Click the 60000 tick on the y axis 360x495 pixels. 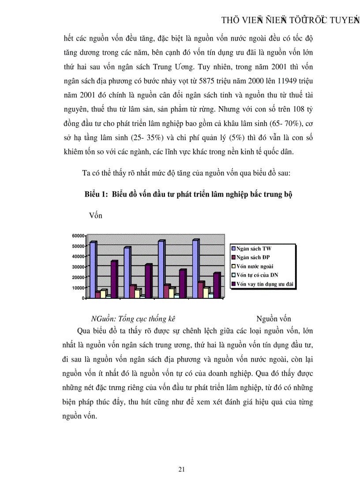click(x=78, y=236)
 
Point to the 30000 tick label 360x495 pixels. click(x=78, y=267)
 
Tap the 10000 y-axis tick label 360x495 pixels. click(x=78, y=287)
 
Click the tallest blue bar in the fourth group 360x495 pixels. click(x=195, y=269)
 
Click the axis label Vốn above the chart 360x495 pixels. click(x=95, y=216)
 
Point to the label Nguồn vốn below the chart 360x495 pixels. click(x=274, y=319)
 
